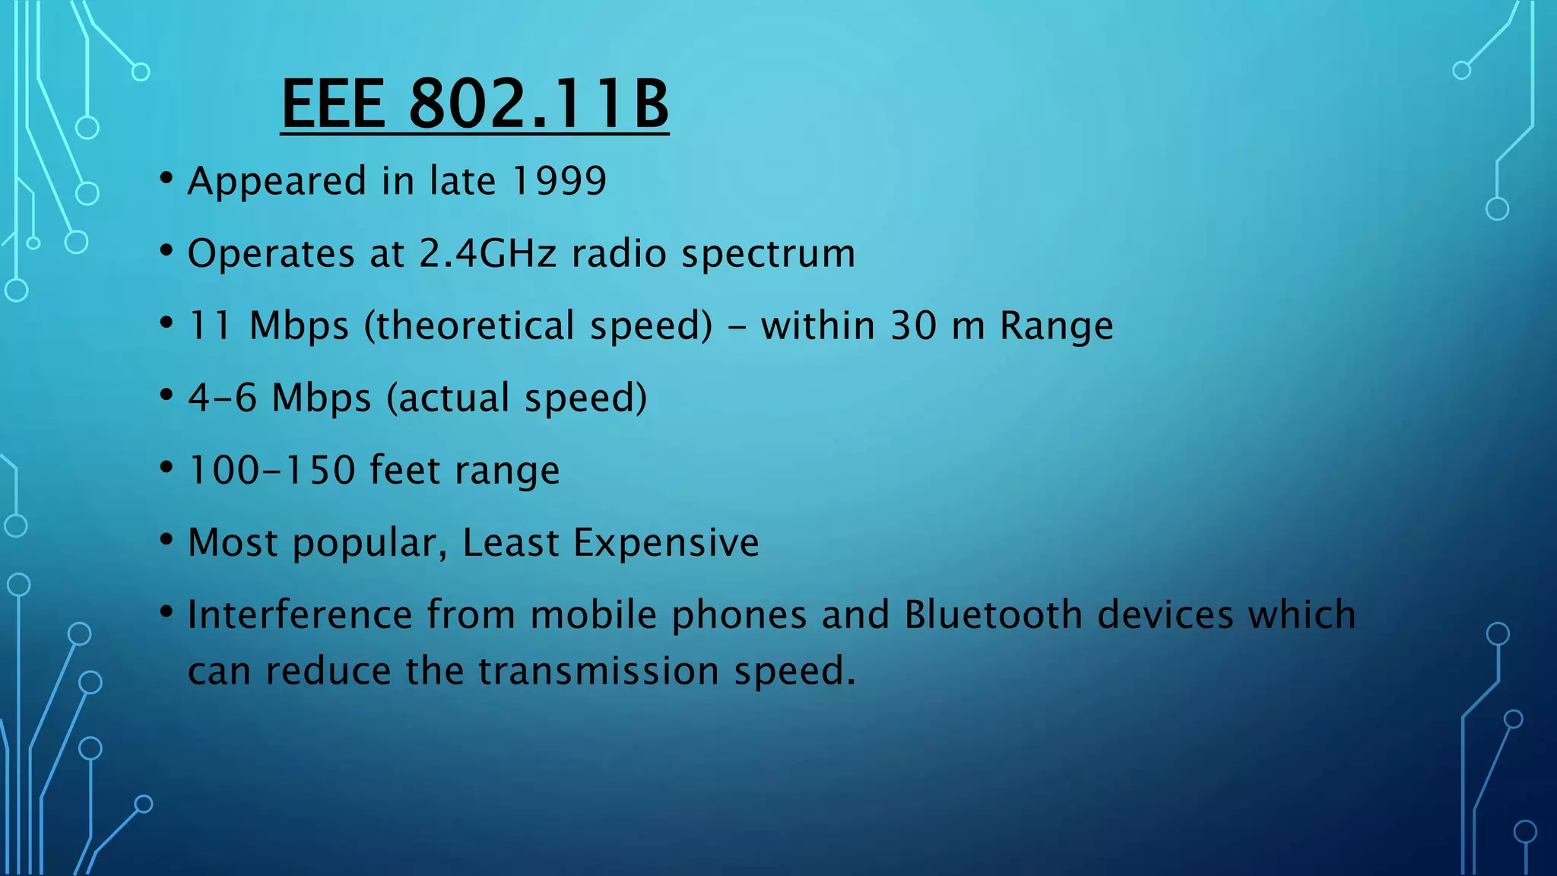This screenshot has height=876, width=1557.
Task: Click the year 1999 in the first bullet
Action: point(560,181)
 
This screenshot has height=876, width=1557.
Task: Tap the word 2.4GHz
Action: point(487,253)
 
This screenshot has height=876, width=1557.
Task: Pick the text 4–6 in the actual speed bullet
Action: point(222,398)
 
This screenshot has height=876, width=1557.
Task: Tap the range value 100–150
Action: point(271,470)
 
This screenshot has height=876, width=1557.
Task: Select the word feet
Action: point(404,470)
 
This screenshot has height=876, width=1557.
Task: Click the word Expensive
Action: point(666,542)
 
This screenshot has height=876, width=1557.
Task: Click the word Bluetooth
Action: point(993,614)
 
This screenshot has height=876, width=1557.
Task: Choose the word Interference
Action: point(300,614)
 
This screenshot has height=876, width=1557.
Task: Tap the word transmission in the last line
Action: point(598,671)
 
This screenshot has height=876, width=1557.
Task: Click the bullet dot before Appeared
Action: point(166,179)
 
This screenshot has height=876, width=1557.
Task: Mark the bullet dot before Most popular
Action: point(166,541)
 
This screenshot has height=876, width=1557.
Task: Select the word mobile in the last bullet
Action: point(593,614)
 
